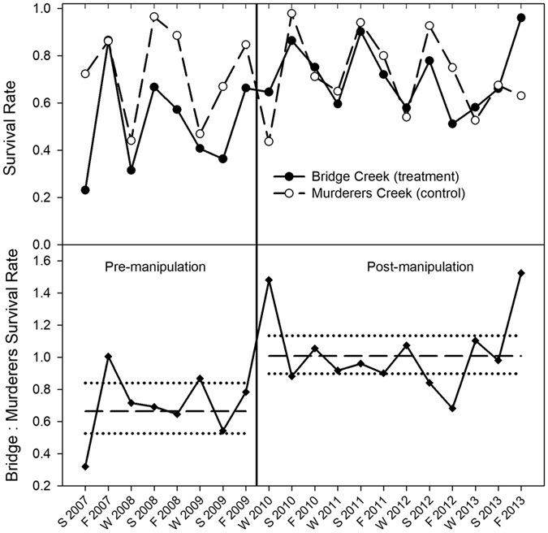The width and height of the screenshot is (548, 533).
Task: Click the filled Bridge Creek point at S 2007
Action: [x=85, y=190]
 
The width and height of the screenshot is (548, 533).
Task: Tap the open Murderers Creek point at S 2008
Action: [x=154, y=17]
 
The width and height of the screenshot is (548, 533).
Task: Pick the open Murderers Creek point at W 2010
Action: [x=269, y=141]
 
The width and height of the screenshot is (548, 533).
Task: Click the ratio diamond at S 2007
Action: [x=85, y=467]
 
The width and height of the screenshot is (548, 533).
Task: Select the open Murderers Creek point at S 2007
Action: [x=85, y=74]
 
